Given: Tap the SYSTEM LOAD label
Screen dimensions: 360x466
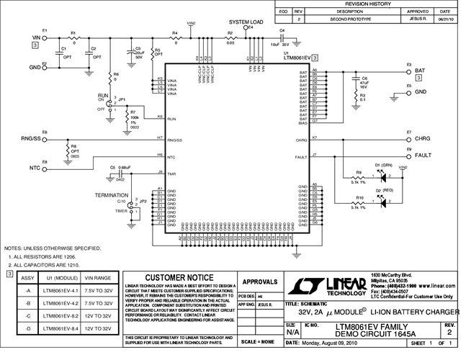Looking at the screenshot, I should point(246,22).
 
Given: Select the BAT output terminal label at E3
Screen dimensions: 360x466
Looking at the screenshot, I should point(421,71).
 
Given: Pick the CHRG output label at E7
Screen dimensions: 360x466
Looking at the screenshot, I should point(424,138).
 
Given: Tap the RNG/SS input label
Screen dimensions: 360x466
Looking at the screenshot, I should point(30,138).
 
